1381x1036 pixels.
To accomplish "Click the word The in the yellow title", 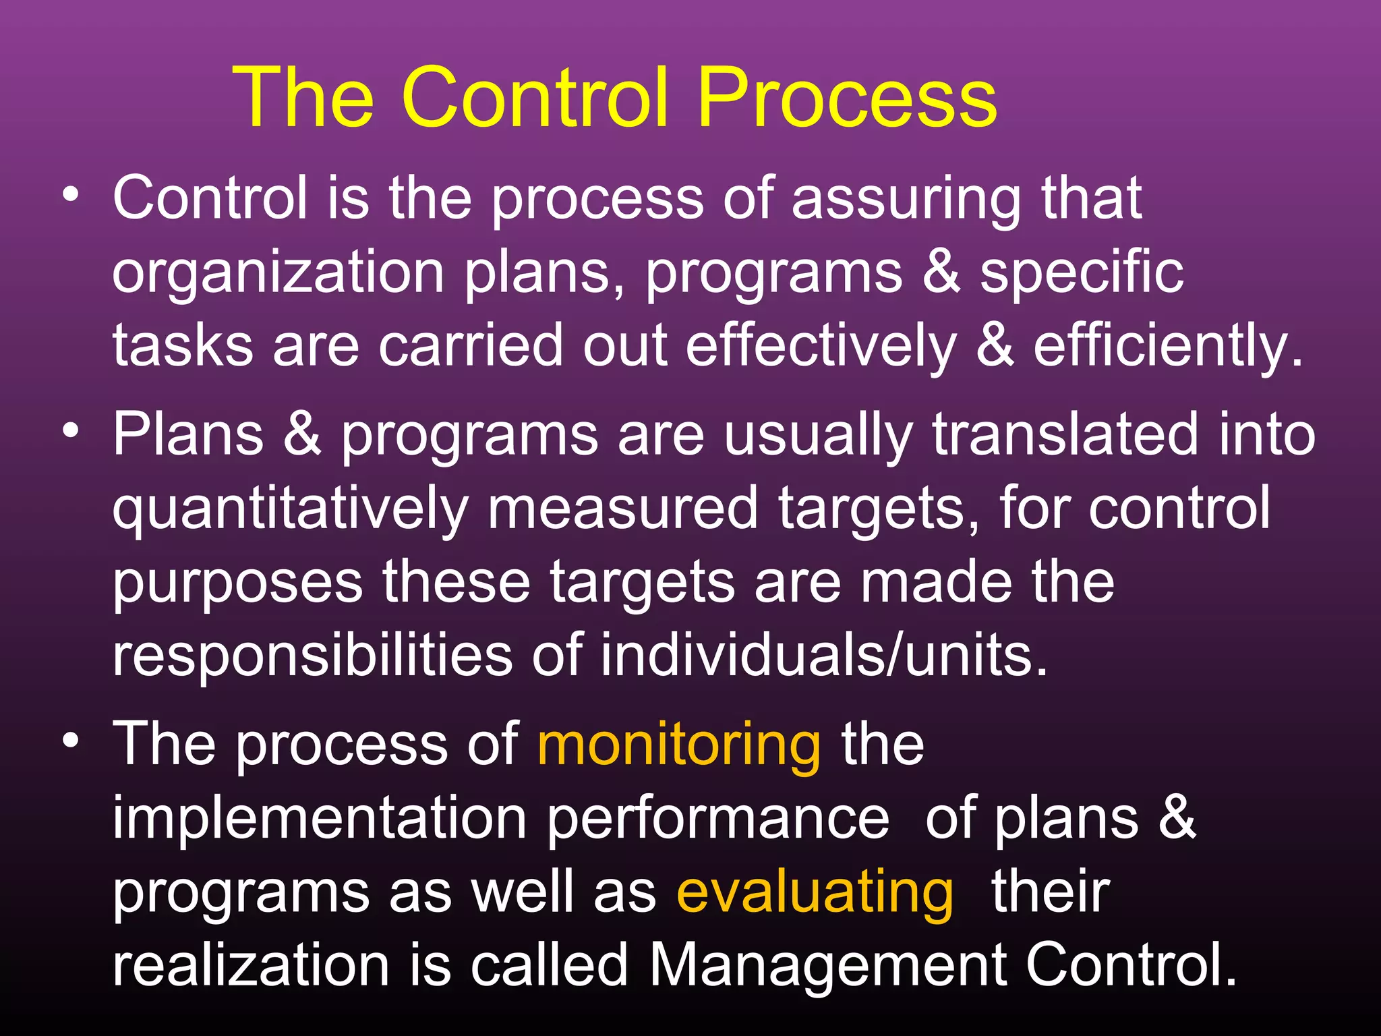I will tap(303, 98).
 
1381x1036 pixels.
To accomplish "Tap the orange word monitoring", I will tap(679, 746).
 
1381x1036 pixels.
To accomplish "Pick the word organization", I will tap(278, 273).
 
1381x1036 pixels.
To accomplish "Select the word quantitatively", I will tap(290, 509).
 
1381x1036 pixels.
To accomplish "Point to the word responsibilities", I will tap(312, 656).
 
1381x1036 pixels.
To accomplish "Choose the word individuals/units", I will tap(823, 656).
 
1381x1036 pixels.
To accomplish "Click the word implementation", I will tap(319, 819).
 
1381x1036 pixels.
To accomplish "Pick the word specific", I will tap(1082, 273).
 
